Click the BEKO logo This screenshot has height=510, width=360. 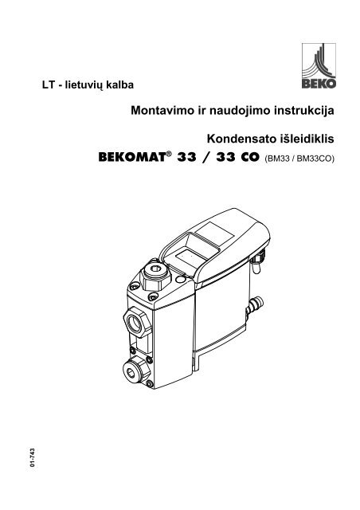[319, 65]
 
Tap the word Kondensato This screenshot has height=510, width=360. [241, 139]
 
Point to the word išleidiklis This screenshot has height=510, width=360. [307, 139]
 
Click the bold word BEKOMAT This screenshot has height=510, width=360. [132, 158]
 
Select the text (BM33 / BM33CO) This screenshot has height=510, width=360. [299, 159]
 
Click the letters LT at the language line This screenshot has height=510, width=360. [48, 85]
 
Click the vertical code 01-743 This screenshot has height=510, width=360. [32, 457]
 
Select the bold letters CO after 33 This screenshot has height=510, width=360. [250, 158]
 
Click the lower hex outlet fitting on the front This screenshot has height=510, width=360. [135, 370]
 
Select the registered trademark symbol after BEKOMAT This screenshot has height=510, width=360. [169, 154]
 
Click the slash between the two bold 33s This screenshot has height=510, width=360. [206, 158]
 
